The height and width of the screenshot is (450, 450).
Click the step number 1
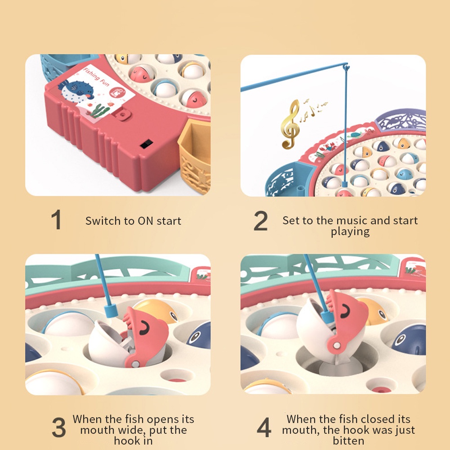tap(56, 219)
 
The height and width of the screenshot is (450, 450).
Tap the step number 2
tap(261, 221)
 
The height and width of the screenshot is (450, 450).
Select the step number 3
tap(59, 427)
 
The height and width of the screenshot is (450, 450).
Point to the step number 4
tap(264, 428)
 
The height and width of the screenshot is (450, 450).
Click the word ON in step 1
tap(145, 221)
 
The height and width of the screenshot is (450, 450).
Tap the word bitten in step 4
tap(348, 441)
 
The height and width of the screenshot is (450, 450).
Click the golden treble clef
tap(290, 124)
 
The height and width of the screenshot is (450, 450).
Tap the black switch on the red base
tap(147, 144)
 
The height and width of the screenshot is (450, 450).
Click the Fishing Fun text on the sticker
tap(96, 77)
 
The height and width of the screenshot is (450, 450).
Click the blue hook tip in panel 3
tap(110, 311)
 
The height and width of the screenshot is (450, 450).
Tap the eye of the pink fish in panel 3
tap(145, 328)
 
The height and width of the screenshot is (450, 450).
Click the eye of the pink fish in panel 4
tap(345, 311)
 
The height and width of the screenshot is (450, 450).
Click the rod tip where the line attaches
tap(346, 67)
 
